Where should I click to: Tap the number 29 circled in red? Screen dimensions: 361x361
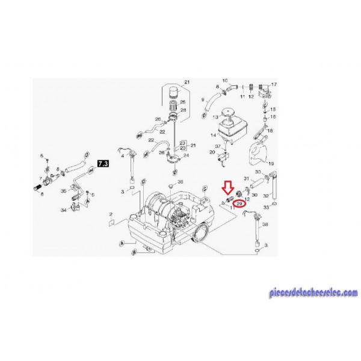241,204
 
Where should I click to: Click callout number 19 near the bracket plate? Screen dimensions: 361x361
270,164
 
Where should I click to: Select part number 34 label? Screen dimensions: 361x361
63,210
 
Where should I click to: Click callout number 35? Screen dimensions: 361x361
63,191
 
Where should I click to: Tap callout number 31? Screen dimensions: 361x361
245,179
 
